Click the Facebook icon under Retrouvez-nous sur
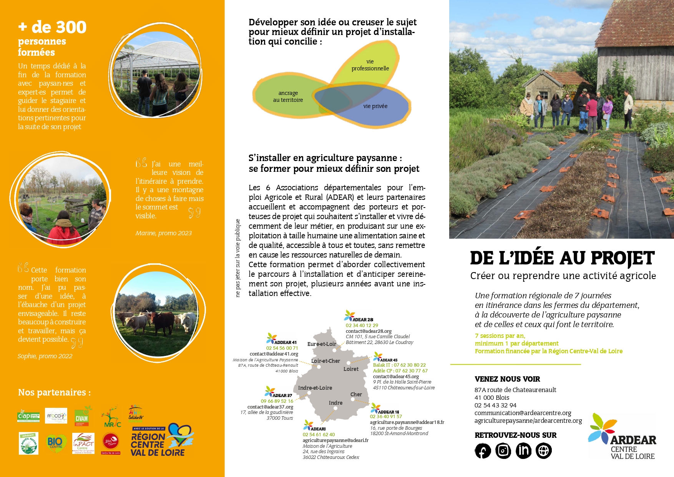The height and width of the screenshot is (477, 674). (x=483, y=451)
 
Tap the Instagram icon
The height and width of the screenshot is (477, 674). (x=503, y=451)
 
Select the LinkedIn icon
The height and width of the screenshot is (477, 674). (x=523, y=451)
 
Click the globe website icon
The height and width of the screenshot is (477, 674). (x=544, y=451)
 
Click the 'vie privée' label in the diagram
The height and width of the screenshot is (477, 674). (x=375, y=106)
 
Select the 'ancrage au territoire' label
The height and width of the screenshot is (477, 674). (x=288, y=96)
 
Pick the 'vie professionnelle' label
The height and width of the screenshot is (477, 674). (x=370, y=65)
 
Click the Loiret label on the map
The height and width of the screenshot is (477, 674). (x=351, y=369)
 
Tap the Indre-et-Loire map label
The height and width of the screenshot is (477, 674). (x=315, y=388)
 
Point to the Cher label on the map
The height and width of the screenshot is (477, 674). (x=356, y=394)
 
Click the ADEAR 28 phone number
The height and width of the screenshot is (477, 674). (x=362, y=325)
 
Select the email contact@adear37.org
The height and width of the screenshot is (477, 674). (x=270, y=407)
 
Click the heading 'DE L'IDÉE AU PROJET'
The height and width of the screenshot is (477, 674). (x=562, y=258)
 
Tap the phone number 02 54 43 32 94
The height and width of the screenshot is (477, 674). (x=495, y=405)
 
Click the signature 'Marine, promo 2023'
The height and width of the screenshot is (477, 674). (x=163, y=233)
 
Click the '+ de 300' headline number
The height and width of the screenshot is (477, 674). (x=52, y=27)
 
